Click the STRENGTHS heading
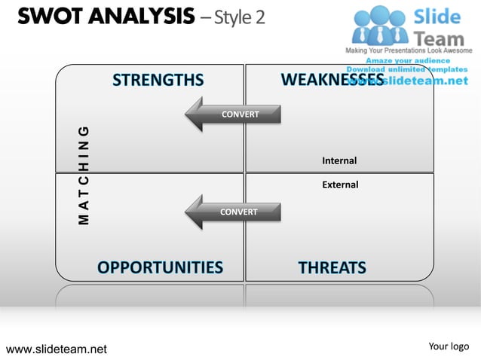pyautogui.click(x=158, y=81)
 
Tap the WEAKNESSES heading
pyautogui.click(x=332, y=80)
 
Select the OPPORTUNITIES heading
pyautogui.click(x=160, y=267)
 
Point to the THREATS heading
pyautogui.click(x=332, y=267)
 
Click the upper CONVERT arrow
pyautogui.click(x=233, y=114)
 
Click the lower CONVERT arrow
pyautogui.click(x=233, y=212)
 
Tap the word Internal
pyautogui.click(x=339, y=160)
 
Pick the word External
pyautogui.click(x=340, y=185)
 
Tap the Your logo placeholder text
pyautogui.click(x=449, y=346)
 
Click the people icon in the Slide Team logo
pyautogui.click(x=381, y=26)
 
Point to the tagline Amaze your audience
pyautogui.click(x=408, y=60)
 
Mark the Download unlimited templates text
pyautogui.click(x=408, y=69)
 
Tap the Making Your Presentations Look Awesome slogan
pyautogui.click(x=408, y=50)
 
